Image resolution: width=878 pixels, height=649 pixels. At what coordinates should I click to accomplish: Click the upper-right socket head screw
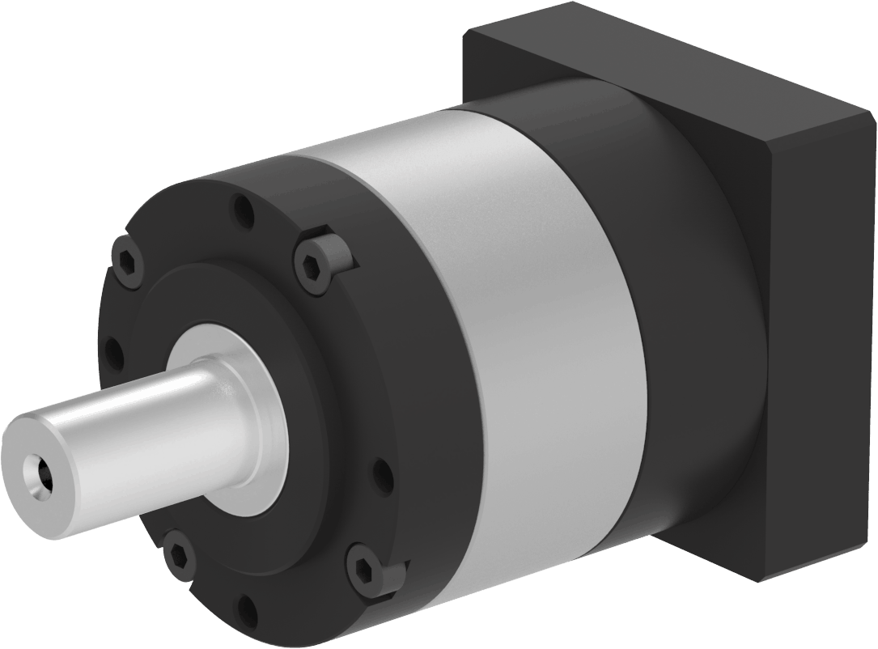coord(312,265)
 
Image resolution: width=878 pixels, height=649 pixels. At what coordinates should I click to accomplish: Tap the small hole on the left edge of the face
coord(114,354)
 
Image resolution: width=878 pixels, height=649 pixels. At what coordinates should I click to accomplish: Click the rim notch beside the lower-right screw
coord(394,575)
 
